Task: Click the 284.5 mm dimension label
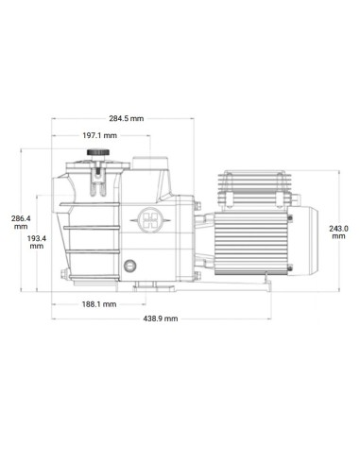126,119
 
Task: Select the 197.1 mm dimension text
98,136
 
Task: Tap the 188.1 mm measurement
98,304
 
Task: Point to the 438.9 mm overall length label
161,319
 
